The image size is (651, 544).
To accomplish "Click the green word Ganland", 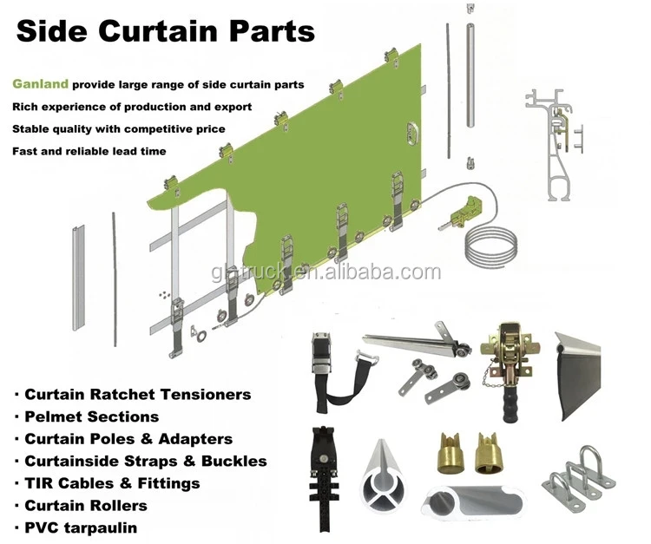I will coord(41,85).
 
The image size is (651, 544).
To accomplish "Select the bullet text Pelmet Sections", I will coord(91,416).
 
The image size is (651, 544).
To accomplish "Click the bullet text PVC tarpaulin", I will coord(81,527).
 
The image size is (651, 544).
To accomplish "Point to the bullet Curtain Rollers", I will coord(85,505).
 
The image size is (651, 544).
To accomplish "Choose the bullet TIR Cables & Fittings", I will coord(112,482).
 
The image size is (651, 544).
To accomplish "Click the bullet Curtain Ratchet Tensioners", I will coord(137,394).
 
